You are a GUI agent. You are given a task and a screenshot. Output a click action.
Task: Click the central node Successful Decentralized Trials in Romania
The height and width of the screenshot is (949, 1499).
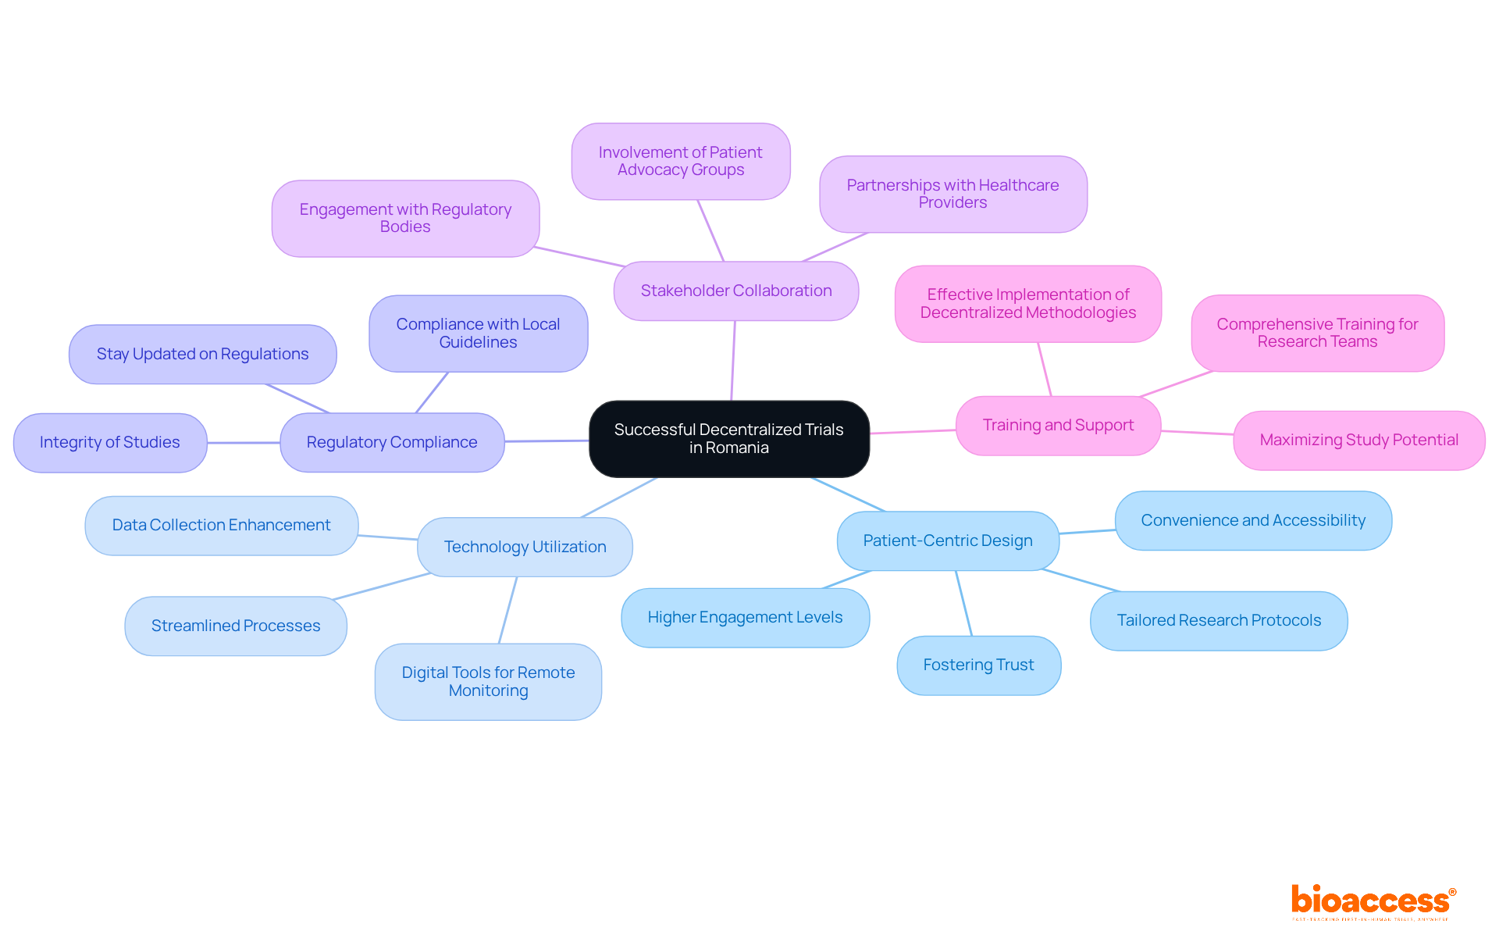point(728,438)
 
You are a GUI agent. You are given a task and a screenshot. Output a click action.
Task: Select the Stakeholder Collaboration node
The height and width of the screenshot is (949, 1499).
point(735,291)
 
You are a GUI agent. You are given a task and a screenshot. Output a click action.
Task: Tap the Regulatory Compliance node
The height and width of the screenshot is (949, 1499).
point(392,442)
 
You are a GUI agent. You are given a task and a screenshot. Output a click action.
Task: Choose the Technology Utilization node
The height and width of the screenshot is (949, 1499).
point(525,547)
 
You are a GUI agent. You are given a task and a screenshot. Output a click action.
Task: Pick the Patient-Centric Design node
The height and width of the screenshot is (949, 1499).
point(947,541)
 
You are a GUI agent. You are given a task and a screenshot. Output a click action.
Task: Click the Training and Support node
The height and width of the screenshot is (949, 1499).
point(1058,425)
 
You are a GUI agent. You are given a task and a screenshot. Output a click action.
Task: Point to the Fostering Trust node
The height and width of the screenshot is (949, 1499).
point(978,665)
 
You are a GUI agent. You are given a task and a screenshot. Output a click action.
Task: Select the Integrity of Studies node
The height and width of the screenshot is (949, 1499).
point(110,442)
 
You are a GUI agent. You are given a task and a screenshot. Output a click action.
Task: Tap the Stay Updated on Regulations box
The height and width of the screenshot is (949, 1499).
point(202,354)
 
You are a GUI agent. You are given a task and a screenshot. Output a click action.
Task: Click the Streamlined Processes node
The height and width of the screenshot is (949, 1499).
point(236,626)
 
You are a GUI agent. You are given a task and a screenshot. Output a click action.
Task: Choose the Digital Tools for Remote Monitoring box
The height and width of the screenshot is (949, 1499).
point(488,681)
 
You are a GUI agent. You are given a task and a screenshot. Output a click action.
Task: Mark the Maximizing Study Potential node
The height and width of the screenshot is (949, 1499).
point(1358,440)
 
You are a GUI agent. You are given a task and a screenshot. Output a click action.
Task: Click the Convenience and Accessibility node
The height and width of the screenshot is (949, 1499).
point(1253,520)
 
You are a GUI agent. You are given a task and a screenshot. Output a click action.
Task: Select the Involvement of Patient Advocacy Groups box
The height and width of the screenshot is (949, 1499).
point(680,161)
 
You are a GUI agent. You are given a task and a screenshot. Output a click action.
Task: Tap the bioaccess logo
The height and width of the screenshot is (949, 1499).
point(1373,901)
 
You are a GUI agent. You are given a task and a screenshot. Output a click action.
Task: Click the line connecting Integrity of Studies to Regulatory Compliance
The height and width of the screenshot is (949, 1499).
point(244,443)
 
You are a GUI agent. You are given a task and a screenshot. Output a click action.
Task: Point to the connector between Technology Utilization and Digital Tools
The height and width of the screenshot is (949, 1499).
point(507,610)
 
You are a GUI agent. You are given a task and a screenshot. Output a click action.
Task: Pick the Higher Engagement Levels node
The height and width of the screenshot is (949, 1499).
point(745,617)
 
